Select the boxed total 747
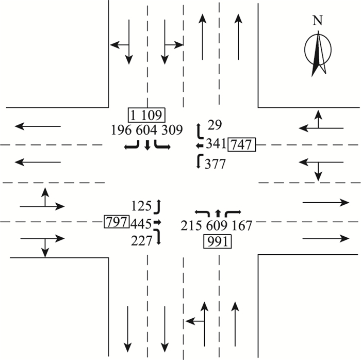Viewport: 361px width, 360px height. tap(242, 145)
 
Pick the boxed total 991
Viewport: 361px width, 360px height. tap(218, 241)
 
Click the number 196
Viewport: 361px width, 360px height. tap(122, 130)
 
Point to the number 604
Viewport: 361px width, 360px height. tap(147, 130)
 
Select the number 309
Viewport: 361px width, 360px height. tap(172, 130)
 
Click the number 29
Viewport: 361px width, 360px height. tap(214, 124)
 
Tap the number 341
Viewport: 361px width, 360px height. tap(216, 144)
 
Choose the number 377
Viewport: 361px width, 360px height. tap(215, 165)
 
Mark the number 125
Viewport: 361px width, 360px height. tap(142, 206)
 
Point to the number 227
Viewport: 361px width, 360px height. tap(142, 240)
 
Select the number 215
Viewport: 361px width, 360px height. tap(192, 225)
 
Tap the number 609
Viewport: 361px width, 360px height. tap(218, 225)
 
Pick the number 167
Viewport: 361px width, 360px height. tap(242, 225)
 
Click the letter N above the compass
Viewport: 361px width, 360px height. tap(318, 21)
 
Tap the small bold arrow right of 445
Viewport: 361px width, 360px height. tap(158, 223)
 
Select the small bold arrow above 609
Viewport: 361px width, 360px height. tap(218, 212)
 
